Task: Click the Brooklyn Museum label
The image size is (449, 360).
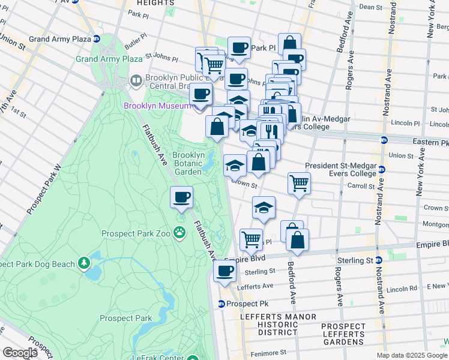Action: pos(157,106)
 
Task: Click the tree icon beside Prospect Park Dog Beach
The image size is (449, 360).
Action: pos(84,263)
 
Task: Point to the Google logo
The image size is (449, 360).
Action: pos(19,353)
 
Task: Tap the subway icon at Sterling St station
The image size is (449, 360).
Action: pos(379,260)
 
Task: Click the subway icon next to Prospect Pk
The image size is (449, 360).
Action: pos(221,304)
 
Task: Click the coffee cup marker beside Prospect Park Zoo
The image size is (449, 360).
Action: pos(181,197)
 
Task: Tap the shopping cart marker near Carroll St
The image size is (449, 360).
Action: pos(299,183)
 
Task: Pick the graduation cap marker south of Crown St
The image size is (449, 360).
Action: pos(264,208)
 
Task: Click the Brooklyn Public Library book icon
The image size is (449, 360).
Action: pos(136,80)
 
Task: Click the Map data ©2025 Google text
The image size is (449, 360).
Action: pos(411,355)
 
